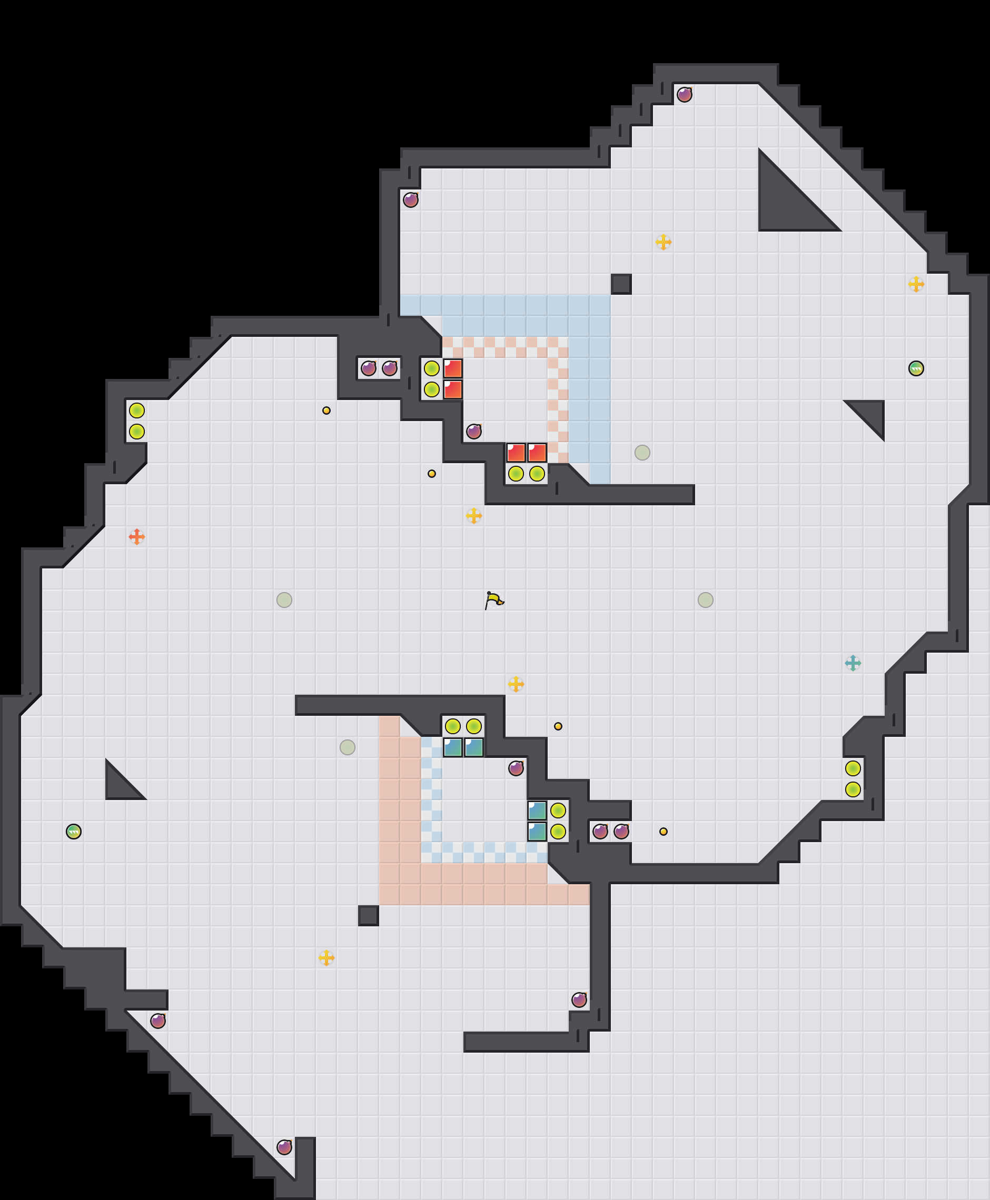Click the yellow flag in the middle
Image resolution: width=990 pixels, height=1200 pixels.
(494, 599)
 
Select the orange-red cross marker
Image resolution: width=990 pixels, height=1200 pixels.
(136, 536)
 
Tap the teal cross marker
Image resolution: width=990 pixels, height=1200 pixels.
(853, 663)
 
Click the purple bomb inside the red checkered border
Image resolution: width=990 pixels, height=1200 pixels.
(474, 432)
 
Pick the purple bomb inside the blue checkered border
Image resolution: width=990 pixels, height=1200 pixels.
(516, 768)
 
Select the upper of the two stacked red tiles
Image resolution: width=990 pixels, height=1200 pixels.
(453, 368)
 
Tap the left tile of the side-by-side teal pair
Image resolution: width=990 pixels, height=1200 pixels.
(453, 747)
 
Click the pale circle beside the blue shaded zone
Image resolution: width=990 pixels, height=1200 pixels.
(642, 453)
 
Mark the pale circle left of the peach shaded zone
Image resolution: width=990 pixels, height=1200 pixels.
(348, 747)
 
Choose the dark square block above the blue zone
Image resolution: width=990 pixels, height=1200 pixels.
(621, 284)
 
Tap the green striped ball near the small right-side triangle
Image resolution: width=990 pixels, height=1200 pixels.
(916, 368)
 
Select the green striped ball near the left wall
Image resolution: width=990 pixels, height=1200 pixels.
(74, 831)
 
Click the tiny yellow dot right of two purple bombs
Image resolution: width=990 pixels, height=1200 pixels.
(663, 832)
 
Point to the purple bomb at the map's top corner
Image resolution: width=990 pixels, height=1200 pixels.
(685, 95)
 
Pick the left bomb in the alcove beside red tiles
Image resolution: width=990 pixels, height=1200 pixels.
(369, 368)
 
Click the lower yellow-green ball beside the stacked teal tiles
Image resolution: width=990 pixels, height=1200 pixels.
(558, 831)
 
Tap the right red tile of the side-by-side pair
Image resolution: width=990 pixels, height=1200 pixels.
(537, 453)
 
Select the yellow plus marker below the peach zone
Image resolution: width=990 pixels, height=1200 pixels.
(326, 958)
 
